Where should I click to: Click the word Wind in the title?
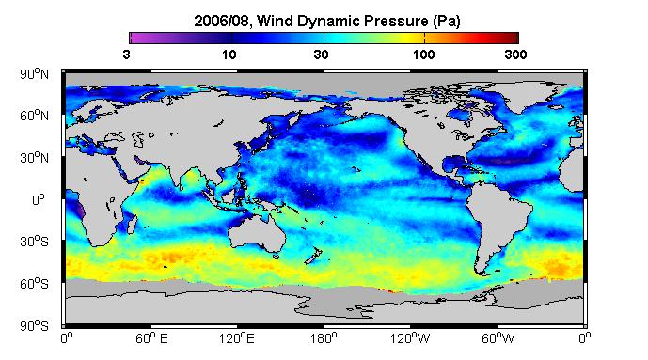click(x=276, y=21)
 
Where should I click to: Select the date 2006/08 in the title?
click(x=222, y=21)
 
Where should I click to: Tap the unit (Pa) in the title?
click(x=447, y=22)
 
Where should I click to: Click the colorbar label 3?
click(x=126, y=55)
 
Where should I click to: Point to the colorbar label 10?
click(x=229, y=55)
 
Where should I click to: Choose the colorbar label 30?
click(x=321, y=55)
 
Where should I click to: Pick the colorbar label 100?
click(x=423, y=55)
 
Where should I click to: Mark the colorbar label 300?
click(x=515, y=55)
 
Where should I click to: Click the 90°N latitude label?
click(x=34, y=74)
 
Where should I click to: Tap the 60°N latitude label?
click(x=34, y=116)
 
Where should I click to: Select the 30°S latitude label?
click(x=34, y=242)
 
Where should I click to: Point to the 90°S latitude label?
click(x=34, y=326)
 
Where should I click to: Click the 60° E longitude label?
click(x=151, y=339)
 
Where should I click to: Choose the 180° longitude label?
click(x=324, y=339)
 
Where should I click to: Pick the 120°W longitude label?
click(x=410, y=339)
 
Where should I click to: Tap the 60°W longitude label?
click(x=498, y=339)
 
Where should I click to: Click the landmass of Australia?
click(x=257, y=234)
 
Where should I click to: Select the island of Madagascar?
click(x=133, y=224)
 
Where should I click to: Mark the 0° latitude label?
click(x=38, y=200)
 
